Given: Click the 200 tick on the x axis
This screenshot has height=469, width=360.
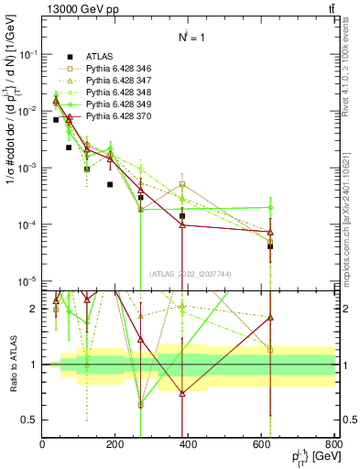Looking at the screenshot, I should point(115,445).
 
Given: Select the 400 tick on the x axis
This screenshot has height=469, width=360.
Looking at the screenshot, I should point(189,445).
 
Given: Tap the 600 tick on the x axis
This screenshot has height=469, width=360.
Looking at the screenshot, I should point(262,445).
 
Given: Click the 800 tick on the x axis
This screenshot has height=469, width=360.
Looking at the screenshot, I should point(333,445).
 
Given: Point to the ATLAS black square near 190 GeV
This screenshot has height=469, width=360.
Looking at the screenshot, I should point(110,184).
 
